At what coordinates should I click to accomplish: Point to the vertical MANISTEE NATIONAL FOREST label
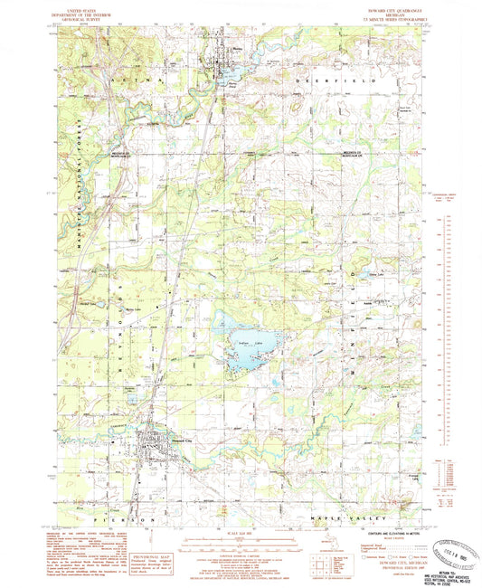tap(79, 172)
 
